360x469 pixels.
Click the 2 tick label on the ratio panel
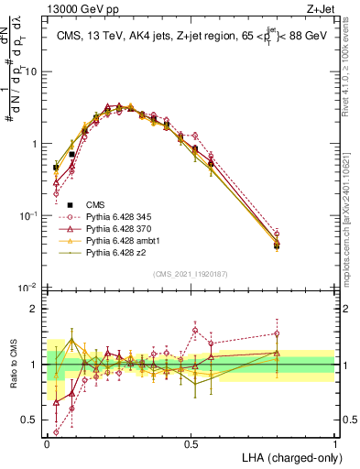36,309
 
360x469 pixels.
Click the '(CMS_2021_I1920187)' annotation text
190,275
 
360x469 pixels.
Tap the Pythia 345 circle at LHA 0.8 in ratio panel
277,333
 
